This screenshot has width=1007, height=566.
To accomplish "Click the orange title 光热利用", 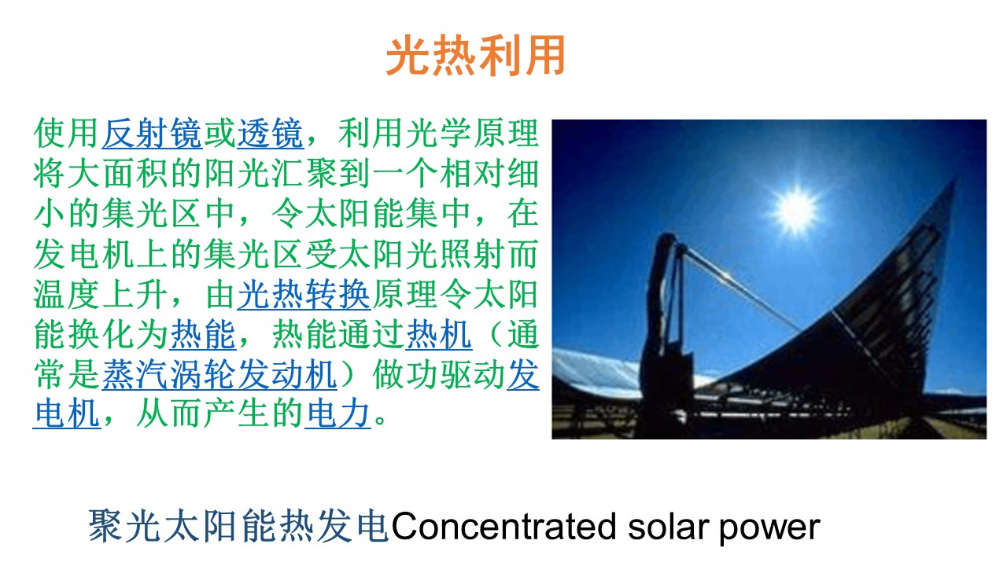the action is [476, 56].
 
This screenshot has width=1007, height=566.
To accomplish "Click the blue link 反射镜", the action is [153, 134].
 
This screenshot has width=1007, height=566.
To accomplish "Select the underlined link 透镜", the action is [271, 134].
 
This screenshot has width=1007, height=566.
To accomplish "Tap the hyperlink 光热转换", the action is [304, 295].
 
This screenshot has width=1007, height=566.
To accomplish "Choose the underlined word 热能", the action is [203, 335].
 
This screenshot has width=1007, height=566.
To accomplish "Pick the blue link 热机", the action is [439, 335].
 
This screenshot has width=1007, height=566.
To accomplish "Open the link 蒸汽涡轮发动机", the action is [219, 375].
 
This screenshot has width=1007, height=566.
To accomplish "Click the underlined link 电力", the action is [338, 413].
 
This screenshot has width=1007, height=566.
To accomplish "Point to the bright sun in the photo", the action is [796, 210].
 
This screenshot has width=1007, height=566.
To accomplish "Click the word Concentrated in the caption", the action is [504, 526].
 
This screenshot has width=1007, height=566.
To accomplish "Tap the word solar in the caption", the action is [668, 526].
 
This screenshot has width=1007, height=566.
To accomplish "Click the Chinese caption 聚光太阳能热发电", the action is [238, 526].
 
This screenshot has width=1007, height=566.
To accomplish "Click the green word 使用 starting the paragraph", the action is [67, 134].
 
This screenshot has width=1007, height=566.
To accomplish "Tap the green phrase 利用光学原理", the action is [439, 134].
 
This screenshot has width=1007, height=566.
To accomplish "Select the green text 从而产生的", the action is [219, 413].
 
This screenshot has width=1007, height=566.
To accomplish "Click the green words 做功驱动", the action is [439, 375].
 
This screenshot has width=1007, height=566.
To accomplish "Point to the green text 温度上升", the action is [100, 295].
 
